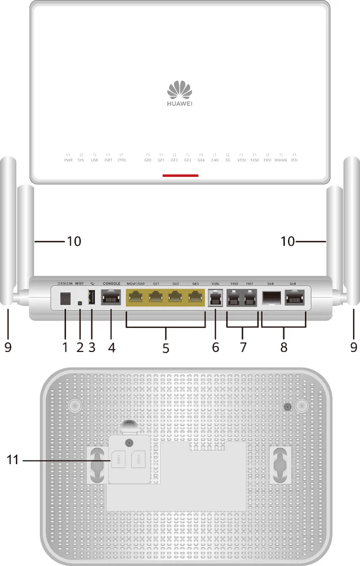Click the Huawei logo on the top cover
(x=180, y=93)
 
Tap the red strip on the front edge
(x=180, y=175)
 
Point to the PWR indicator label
(x=68, y=160)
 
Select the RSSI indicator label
(x=295, y=160)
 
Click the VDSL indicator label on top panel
(x=241, y=160)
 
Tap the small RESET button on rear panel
(x=80, y=304)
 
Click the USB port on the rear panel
(x=92, y=299)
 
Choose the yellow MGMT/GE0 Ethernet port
(x=137, y=298)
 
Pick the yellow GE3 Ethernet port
(x=195, y=298)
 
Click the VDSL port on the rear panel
(x=216, y=299)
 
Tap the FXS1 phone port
(x=250, y=299)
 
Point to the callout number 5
(x=166, y=348)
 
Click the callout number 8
(x=283, y=348)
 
